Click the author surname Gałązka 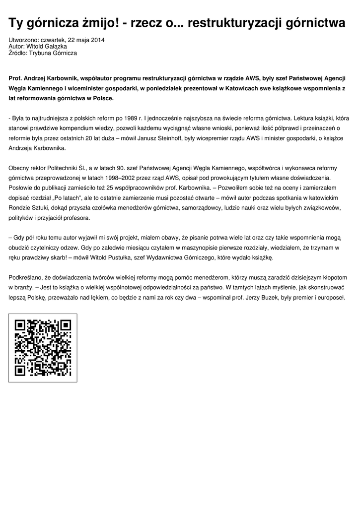tap(56, 46)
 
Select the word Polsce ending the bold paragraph tap(101, 98)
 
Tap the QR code tap(43, 348)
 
